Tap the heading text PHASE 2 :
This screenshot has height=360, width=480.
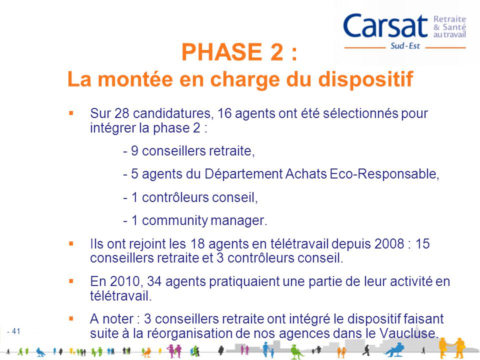[239, 52]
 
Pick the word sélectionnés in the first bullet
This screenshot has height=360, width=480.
[367, 113]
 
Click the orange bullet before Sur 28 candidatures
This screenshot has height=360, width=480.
[71, 113]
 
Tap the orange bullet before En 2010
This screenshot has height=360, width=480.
[71, 281]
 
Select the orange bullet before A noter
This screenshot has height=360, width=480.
[71, 318]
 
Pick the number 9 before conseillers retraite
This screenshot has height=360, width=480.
[134, 151]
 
